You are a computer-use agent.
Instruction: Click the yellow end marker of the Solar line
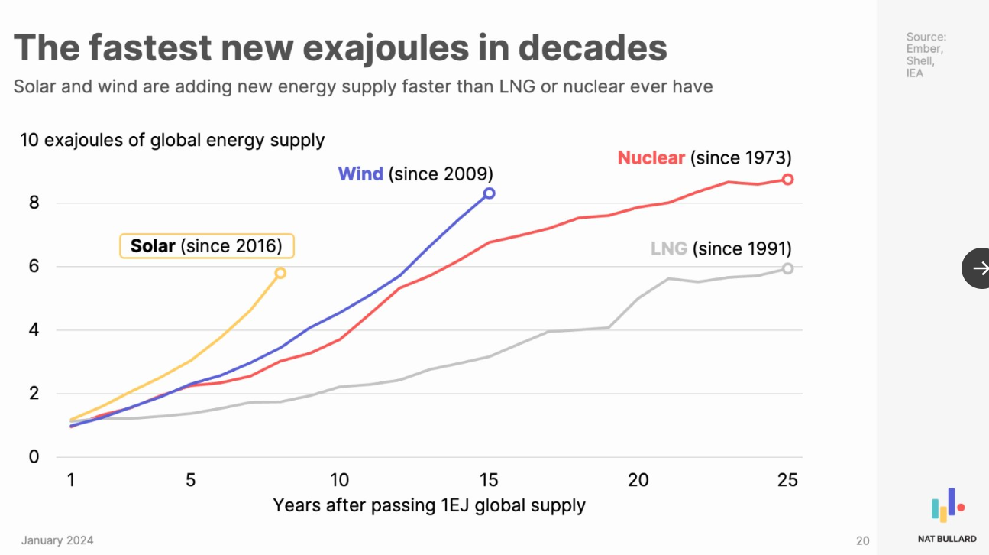click(280, 273)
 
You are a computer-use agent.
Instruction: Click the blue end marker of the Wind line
click(489, 193)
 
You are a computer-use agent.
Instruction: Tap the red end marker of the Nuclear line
click(787, 179)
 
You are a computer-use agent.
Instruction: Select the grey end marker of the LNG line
click(787, 268)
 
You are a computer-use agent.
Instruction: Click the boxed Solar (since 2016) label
click(206, 246)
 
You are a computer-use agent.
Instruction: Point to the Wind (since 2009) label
click(415, 174)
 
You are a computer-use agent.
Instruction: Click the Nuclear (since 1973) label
click(704, 158)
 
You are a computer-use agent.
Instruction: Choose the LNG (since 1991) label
click(721, 248)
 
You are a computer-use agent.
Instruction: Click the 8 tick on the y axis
click(34, 203)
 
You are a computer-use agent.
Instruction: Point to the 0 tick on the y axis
click(34, 457)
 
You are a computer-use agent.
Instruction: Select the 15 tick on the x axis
click(489, 480)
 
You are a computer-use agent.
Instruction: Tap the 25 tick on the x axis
click(787, 480)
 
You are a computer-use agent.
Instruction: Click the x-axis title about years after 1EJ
click(428, 505)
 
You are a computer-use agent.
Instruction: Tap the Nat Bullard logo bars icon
click(947, 505)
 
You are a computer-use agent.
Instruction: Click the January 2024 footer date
click(57, 540)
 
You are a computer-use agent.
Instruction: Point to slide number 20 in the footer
click(862, 540)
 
